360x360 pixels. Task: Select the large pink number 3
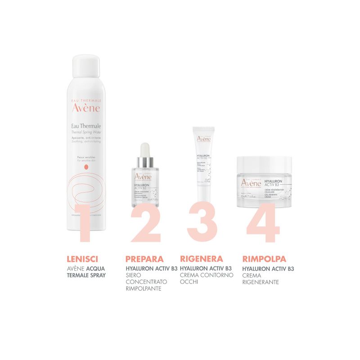(205, 223)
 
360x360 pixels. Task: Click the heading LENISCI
(82, 259)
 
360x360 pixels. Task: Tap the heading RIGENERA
(201, 259)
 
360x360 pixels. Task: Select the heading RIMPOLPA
(264, 259)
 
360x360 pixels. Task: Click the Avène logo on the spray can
(86, 108)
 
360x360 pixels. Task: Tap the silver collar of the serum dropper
(145, 161)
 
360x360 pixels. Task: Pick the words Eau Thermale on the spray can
(85, 126)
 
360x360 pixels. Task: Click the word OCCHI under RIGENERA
(189, 282)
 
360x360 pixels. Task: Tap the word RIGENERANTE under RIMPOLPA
(261, 282)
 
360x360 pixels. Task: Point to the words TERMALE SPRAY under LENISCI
(85, 274)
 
